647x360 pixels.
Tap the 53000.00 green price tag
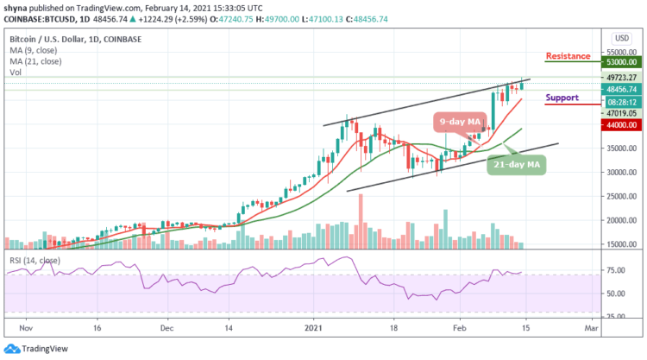[x=619, y=62]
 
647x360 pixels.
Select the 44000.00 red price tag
[x=619, y=125]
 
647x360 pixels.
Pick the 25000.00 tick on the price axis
[x=618, y=196]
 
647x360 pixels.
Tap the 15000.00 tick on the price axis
[x=618, y=244]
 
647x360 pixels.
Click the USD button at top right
[x=619, y=38]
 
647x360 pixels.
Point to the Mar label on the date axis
[x=590, y=329]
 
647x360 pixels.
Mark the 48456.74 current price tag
[x=619, y=88]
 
